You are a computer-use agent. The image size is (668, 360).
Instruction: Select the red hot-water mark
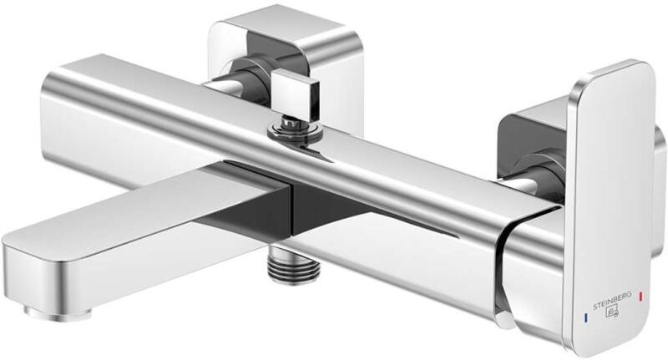point(640,297)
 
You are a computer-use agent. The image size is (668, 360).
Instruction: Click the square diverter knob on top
point(296,94)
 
